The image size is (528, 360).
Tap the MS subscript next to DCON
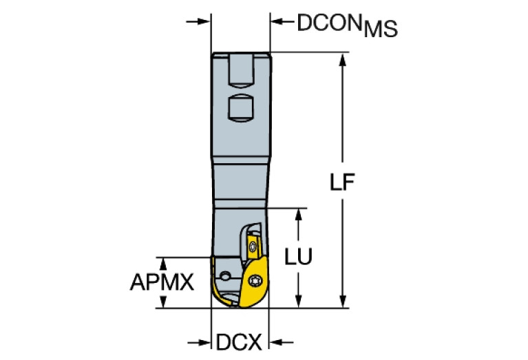coord(380,29)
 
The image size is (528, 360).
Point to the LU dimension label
coord(298,256)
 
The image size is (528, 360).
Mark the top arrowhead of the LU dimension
coord(298,213)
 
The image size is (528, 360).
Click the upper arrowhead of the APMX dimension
coord(163,262)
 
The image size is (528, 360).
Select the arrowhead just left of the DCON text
coord(277,21)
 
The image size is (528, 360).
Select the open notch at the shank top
coord(240,67)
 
